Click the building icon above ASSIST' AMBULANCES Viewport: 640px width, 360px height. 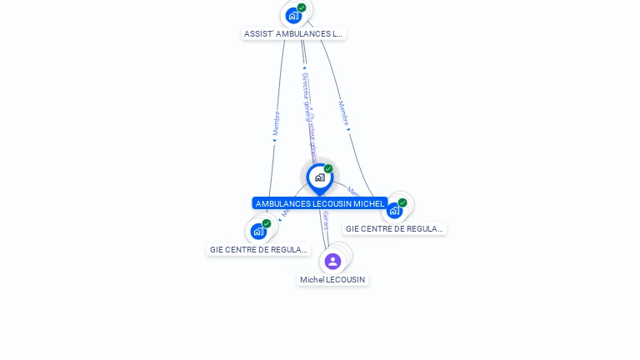(292, 15)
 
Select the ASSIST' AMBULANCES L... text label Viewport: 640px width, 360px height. (292, 34)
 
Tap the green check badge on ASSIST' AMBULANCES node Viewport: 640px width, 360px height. (302, 7)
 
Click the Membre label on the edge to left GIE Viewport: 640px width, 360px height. (276, 123)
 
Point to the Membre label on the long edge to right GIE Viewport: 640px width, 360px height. (342, 112)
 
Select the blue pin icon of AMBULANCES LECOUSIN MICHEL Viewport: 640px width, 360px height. (319, 178)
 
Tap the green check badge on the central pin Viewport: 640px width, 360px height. (328, 169)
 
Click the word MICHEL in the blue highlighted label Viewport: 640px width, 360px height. (368, 203)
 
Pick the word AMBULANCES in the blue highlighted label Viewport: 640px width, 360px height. (282, 203)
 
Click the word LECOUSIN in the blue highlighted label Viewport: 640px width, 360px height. (331, 203)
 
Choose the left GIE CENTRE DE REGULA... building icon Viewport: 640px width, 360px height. (258, 231)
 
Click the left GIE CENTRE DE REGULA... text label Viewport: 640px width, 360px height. (258, 249)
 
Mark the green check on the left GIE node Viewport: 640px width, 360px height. (267, 223)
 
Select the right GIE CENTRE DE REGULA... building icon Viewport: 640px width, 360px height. (394, 210)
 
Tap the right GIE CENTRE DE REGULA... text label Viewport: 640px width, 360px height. (394, 228)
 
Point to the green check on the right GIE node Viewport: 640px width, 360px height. (402, 202)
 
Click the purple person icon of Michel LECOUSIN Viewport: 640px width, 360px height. (332, 261)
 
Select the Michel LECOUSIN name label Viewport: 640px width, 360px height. (332, 280)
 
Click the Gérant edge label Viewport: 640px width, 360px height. (326, 221)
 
